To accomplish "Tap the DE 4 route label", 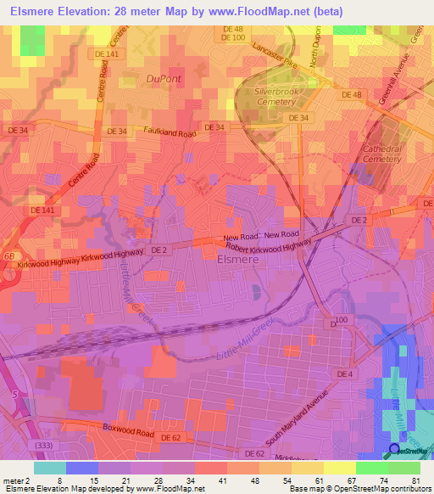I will tap(344, 373).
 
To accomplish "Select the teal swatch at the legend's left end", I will tap(49, 468).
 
